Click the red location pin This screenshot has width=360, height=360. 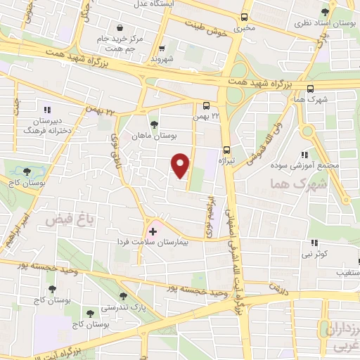point(181,165)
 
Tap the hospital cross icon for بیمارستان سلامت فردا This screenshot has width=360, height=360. point(153,231)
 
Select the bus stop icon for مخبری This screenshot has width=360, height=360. point(244,17)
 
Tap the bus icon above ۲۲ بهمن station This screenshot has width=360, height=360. point(204,106)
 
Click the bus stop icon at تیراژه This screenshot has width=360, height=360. point(226,149)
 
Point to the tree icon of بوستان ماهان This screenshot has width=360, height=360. point(154,124)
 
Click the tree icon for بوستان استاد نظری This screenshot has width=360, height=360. point(325,12)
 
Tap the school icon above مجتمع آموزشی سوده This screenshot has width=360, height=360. point(304,155)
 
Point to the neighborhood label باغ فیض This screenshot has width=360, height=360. point(65,220)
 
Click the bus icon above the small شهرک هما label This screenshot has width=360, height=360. point(310,89)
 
